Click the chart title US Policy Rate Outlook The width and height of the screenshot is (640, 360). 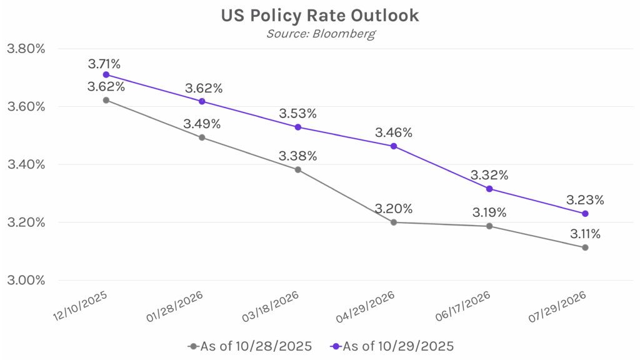click(x=319, y=16)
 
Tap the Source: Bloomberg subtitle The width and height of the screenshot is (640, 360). click(x=319, y=34)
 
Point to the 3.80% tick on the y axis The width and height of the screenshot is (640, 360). click(x=25, y=48)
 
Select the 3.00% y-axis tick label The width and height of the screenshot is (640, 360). click(x=25, y=280)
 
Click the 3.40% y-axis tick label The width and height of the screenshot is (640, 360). click(x=25, y=164)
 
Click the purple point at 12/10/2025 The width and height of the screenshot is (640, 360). click(x=106, y=74)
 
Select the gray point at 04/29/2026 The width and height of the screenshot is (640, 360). click(x=394, y=222)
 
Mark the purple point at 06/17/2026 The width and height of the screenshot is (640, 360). click(x=489, y=189)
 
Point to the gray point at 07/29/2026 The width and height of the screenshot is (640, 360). click(x=585, y=247)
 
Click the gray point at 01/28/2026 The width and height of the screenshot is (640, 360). click(x=202, y=137)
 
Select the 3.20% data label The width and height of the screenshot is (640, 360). click(x=394, y=209)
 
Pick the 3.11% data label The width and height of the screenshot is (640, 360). click(x=584, y=234)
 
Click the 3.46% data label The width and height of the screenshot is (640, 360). click(x=394, y=132)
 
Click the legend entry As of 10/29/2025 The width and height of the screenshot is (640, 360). click(x=388, y=345)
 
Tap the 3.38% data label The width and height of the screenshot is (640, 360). click(x=298, y=156)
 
